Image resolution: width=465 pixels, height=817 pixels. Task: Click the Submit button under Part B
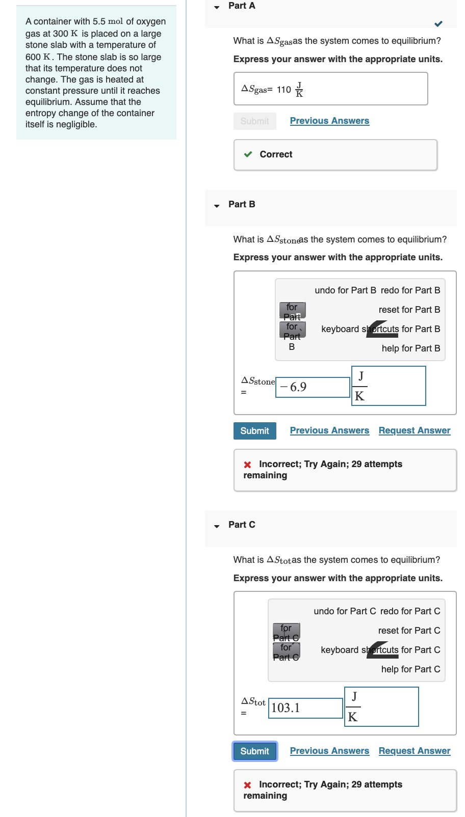(x=254, y=431)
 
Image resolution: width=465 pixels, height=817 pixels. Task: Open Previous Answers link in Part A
(x=329, y=121)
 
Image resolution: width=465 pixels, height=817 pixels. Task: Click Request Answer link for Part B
(x=414, y=430)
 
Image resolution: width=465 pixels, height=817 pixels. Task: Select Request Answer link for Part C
(x=414, y=751)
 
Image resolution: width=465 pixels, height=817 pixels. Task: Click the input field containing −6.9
(x=312, y=387)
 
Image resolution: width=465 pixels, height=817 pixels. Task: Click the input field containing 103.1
(x=305, y=708)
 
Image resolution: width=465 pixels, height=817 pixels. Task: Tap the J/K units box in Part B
(x=389, y=386)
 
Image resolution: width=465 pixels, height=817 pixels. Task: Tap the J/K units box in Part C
(x=381, y=707)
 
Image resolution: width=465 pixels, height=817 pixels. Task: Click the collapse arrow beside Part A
(x=217, y=7)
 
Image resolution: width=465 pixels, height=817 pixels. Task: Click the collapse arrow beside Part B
(x=217, y=206)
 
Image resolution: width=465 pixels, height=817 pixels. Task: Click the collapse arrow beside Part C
(x=217, y=526)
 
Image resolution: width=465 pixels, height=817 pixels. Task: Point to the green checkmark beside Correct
(x=248, y=154)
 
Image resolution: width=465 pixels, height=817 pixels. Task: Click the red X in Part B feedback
(x=248, y=465)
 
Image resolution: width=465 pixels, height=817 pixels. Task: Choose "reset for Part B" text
(x=409, y=310)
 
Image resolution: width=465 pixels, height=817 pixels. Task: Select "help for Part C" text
(x=410, y=669)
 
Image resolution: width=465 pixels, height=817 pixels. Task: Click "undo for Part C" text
(x=345, y=611)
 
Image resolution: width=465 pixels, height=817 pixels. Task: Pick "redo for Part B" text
(x=410, y=290)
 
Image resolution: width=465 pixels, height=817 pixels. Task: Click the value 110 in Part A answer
(x=284, y=90)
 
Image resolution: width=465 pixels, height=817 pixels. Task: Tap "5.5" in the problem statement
(x=99, y=21)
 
